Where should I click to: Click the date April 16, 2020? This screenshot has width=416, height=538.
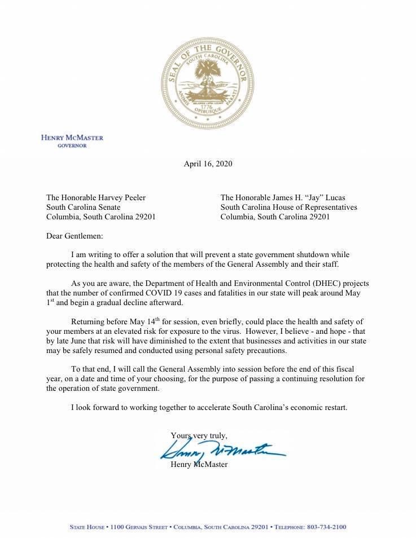click(x=208, y=164)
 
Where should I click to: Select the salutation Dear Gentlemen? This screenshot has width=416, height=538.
click(x=75, y=236)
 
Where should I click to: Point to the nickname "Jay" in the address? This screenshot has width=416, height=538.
click(x=317, y=197)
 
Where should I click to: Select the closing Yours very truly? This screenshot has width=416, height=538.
click(x=199, y=435)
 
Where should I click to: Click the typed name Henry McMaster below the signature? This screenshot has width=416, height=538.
click(x=199, y=465)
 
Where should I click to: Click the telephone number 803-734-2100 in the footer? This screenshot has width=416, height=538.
click(x=326, y=527)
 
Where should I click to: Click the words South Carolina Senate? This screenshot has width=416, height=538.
click(x=83, y=207)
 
